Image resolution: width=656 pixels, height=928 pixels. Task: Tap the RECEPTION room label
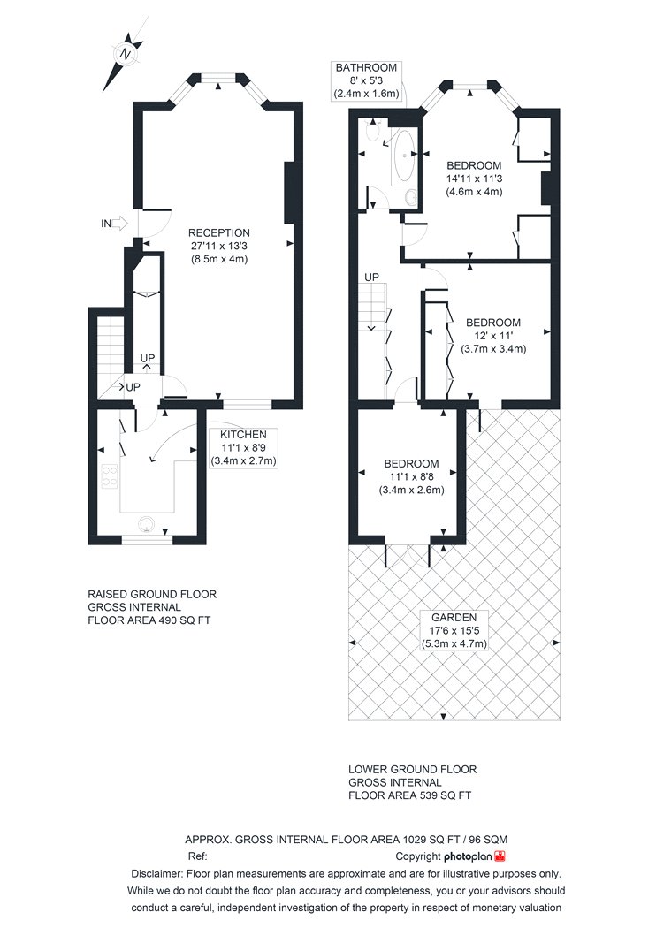click(x=219, y=233)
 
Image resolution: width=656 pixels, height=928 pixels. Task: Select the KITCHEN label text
click(x=243, y=435)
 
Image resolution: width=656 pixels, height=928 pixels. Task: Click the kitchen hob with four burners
click(x=110, y=476)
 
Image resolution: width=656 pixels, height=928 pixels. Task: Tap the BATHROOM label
click(x=366, y=67)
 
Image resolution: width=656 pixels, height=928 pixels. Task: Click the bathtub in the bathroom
click(x=404, y=156)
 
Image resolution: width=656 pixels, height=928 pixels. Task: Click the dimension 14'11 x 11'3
click(x=474, y=179)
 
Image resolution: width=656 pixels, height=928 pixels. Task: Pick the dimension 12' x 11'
click(x=493, y=336)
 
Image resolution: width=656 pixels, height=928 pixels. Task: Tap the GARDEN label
click(x=454, y=617)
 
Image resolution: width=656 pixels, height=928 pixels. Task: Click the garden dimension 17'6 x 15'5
click(x=454, y=631)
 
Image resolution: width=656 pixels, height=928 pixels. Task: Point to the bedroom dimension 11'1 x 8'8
click(x=411, y=477)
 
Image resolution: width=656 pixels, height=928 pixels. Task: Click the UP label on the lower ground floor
click(x=372, y=277)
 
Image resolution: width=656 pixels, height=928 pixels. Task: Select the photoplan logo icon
click(x=501, y=856)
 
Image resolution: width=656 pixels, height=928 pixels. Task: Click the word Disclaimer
click(x=156, y=873)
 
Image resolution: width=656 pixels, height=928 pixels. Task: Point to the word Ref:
click(x=197, y=856)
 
